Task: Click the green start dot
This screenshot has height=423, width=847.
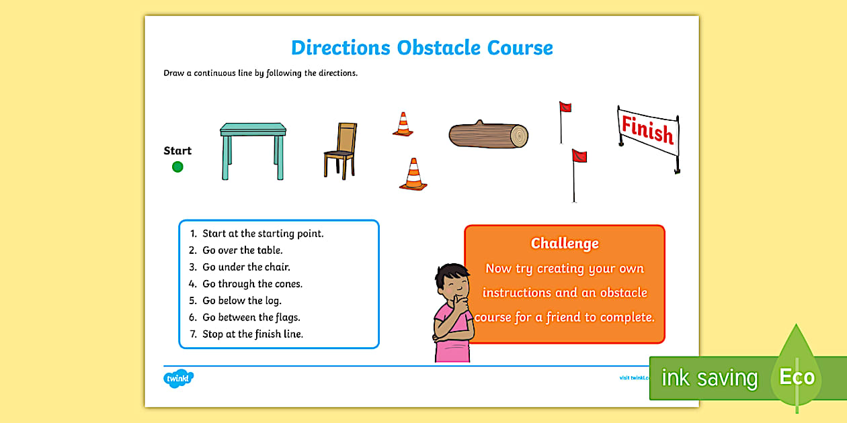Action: coord(177,167)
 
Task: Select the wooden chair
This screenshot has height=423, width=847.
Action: coord(341,150)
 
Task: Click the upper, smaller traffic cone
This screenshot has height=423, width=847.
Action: coord(403,125)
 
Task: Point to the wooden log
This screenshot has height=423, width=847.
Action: coord(489,135)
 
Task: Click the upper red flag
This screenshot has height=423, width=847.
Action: coord(565,107)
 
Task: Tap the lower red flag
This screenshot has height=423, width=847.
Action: coord(579,156)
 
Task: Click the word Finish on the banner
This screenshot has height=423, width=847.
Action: coord(647,129)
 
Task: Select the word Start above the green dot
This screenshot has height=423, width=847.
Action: coord(177,151)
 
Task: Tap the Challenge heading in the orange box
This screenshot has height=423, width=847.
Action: coord(565,244)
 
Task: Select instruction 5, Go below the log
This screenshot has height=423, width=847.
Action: coord(241,301)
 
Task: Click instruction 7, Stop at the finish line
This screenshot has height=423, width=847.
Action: coord(252,334)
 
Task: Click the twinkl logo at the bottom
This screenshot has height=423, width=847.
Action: coord(178,379)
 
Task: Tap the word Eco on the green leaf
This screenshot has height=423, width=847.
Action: coord(797,377)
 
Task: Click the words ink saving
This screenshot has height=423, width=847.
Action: coord(709,379)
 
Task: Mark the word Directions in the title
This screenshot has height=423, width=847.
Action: coord(340,48)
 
